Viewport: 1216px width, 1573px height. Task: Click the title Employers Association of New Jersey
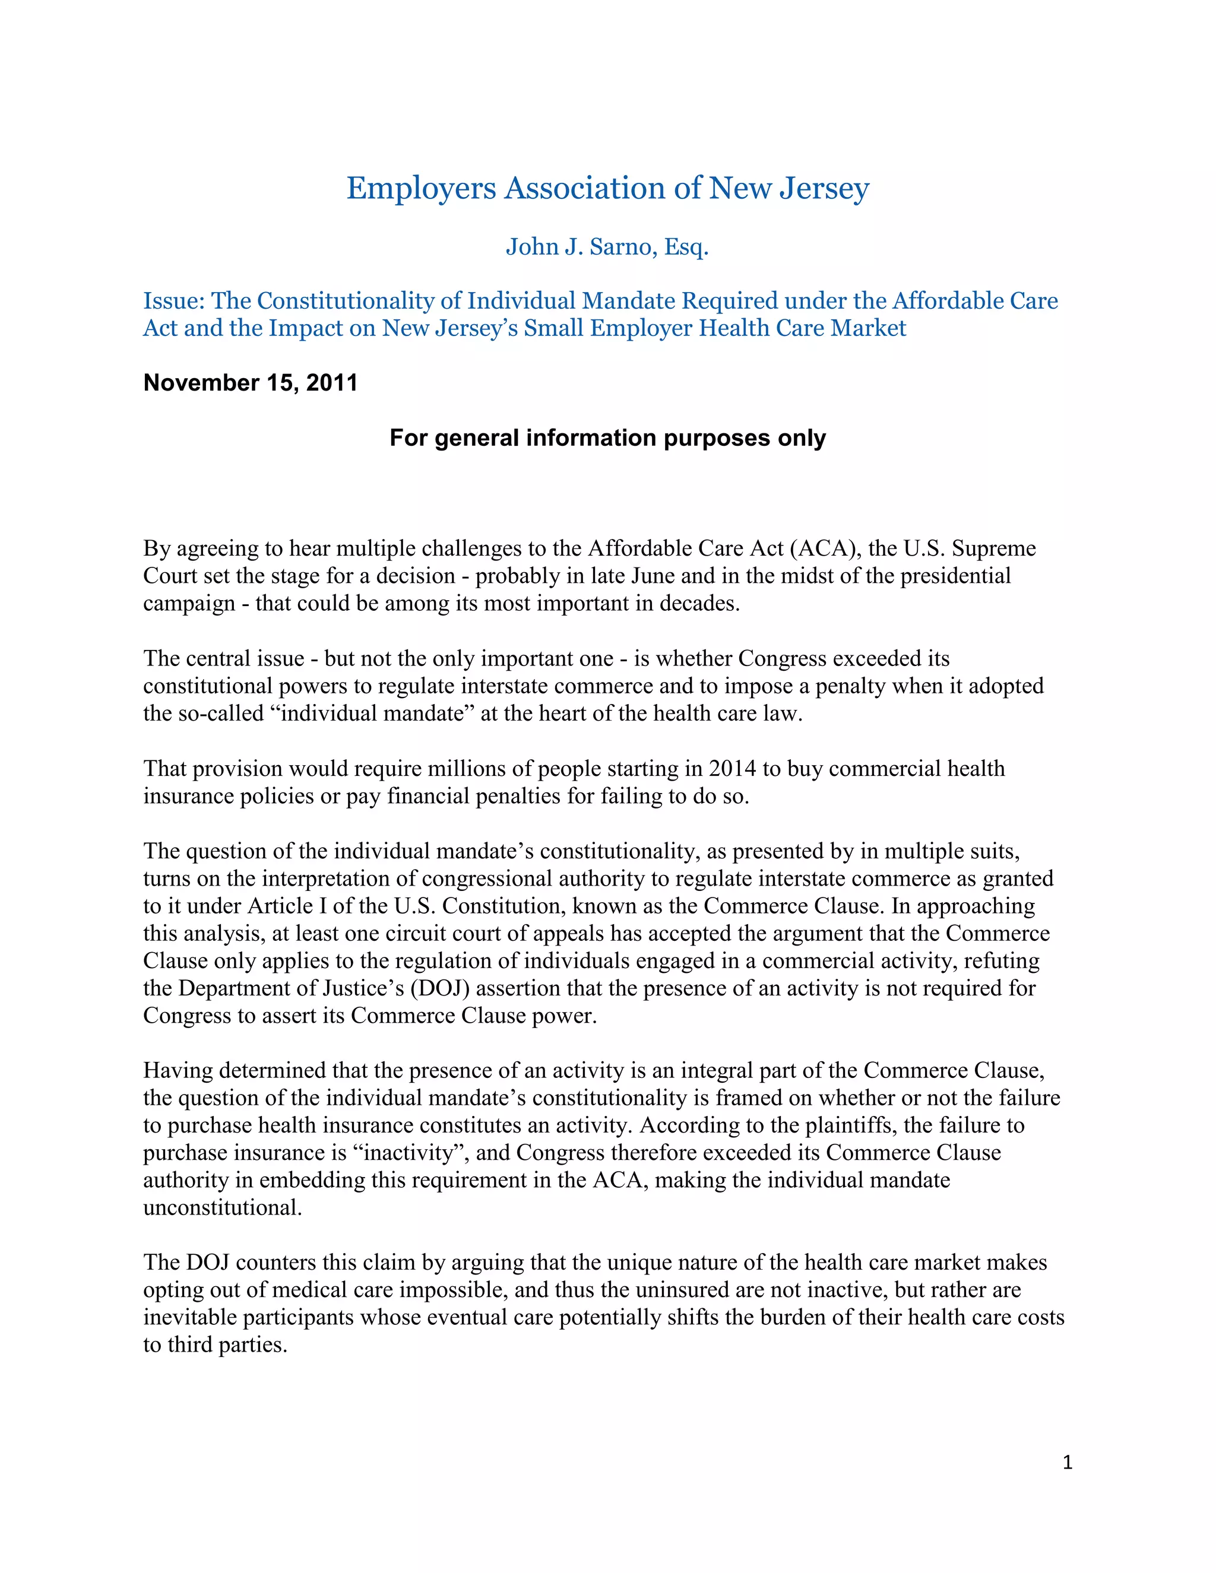click(x=607, y=188)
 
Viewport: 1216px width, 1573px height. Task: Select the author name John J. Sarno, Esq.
click(x=607, y=247)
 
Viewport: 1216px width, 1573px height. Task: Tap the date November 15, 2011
click(x=250, y=382)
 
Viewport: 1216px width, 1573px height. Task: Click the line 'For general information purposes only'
click(x=607, y=438)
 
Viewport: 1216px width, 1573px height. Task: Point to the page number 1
click(x=1067, y=1463)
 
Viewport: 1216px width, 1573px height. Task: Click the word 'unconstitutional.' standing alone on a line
click(x=222, y=1207)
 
